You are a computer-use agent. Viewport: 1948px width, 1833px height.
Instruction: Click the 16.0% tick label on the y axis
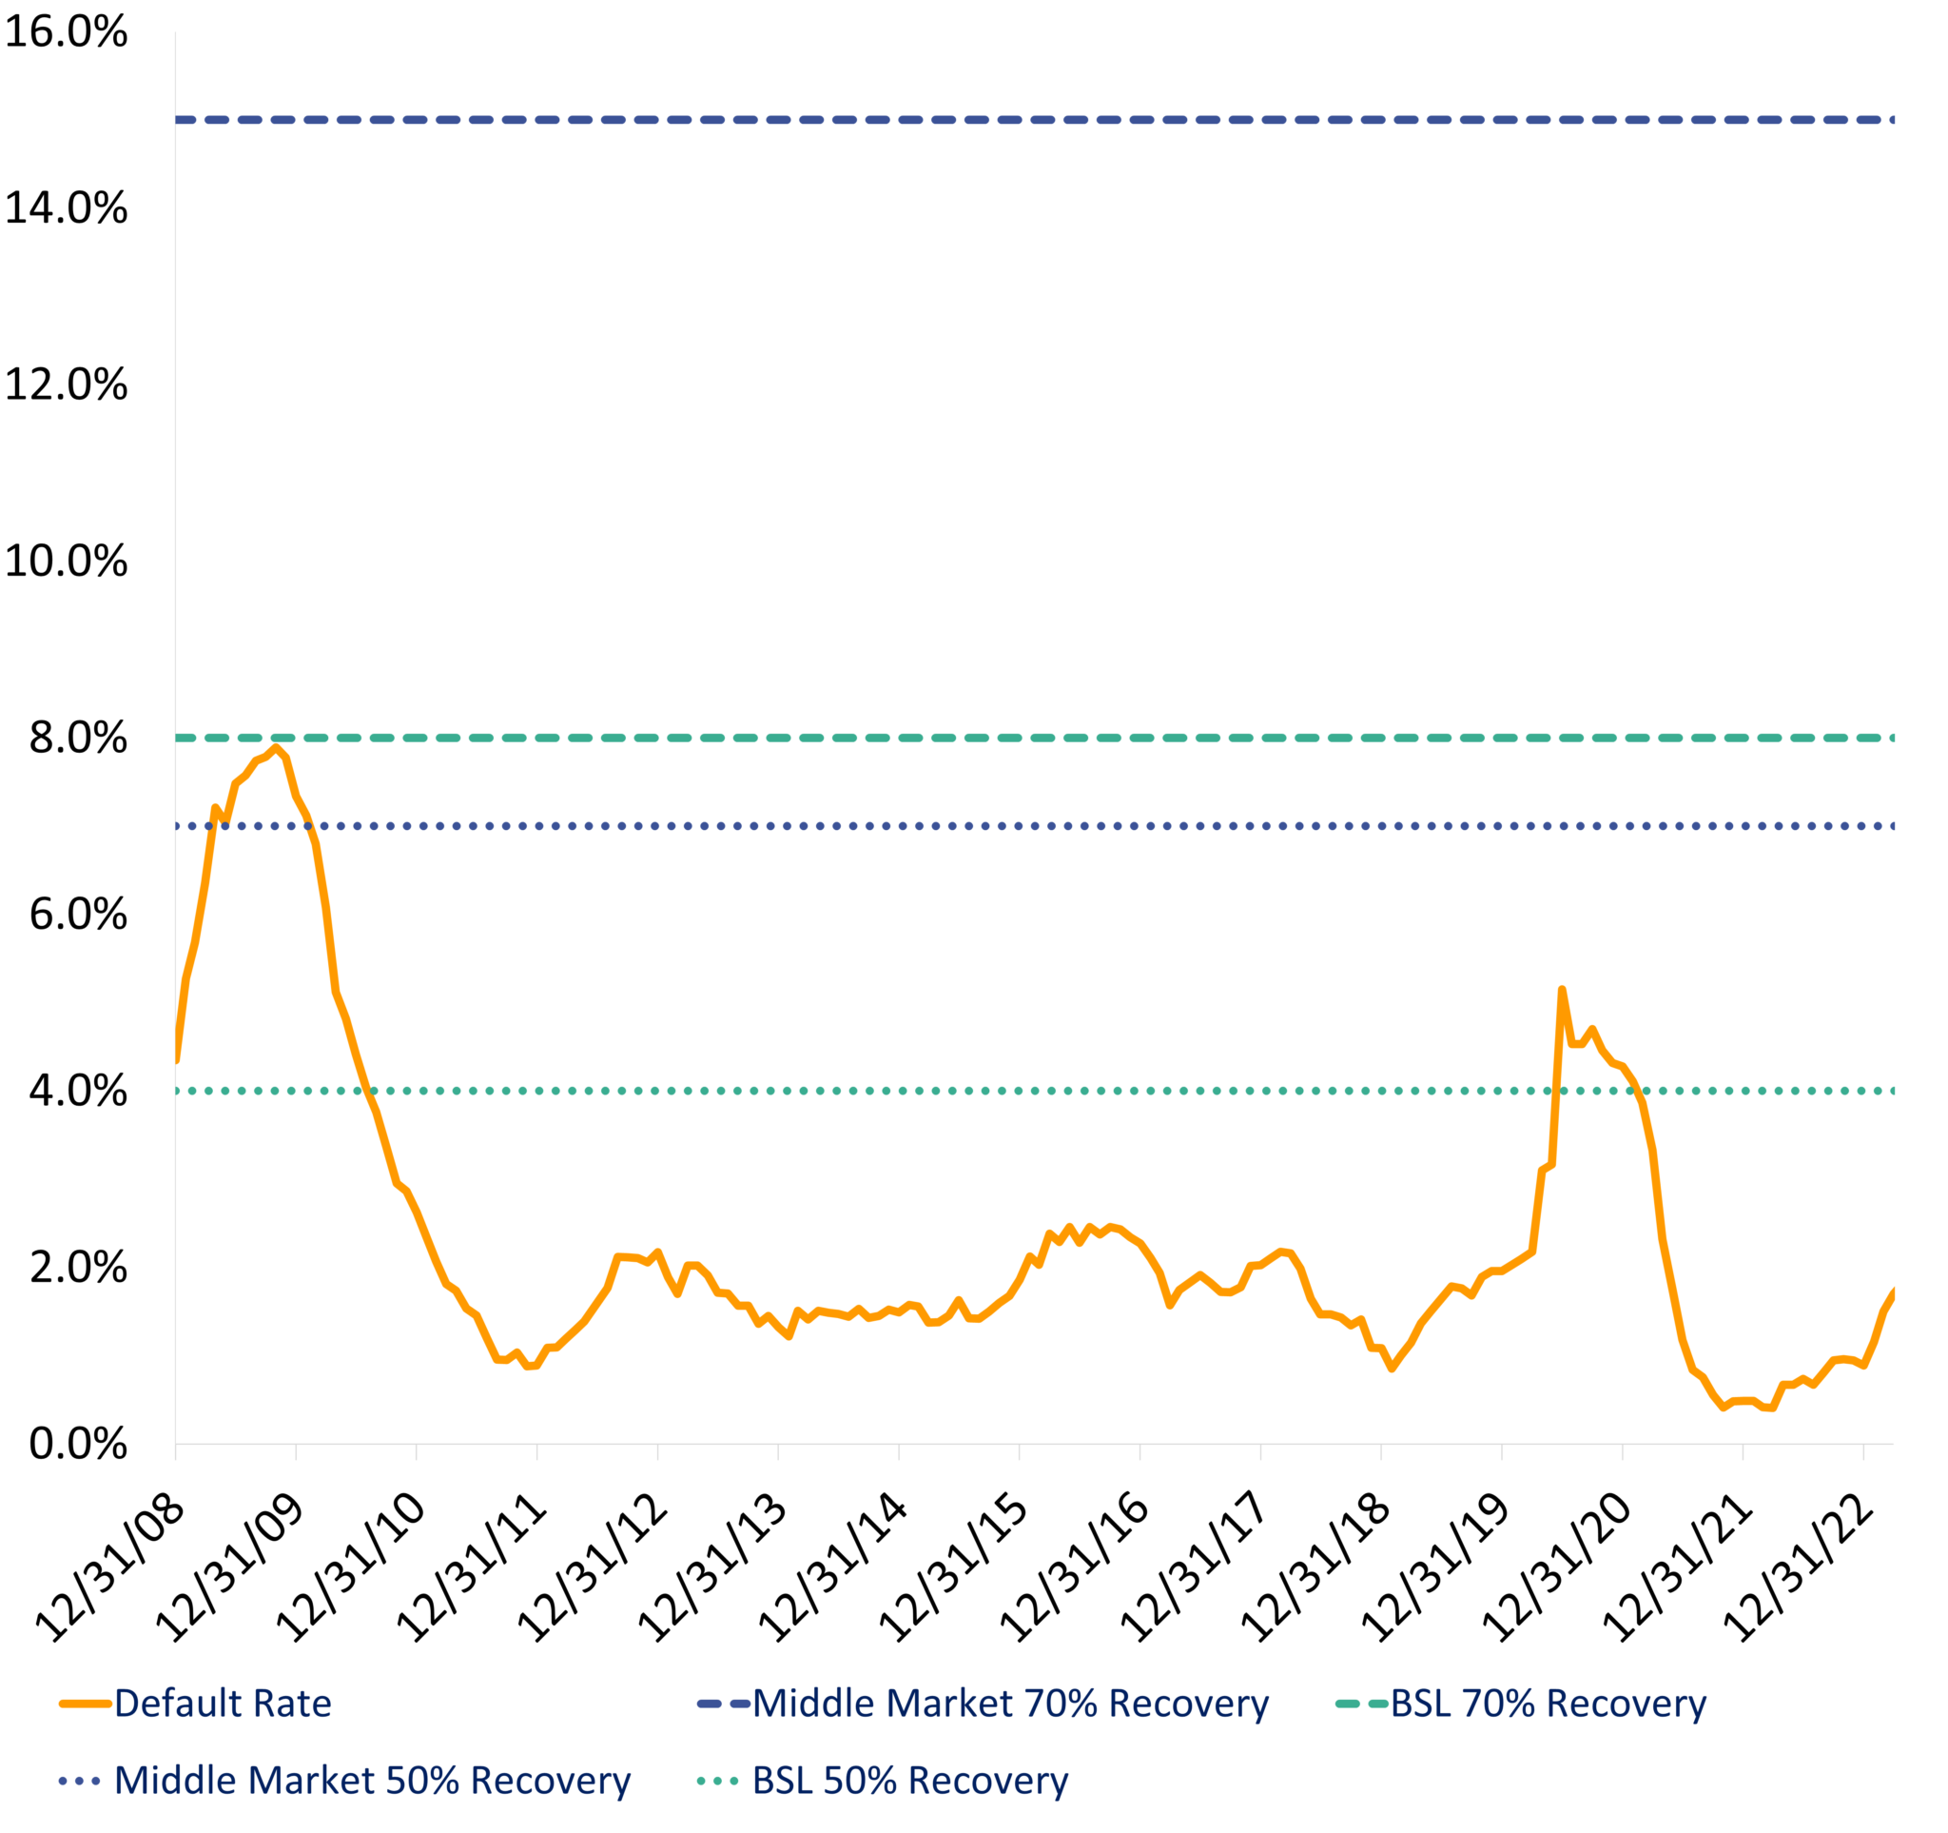[66, 32]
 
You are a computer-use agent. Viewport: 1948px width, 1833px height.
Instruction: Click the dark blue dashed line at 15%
[980, 120]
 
